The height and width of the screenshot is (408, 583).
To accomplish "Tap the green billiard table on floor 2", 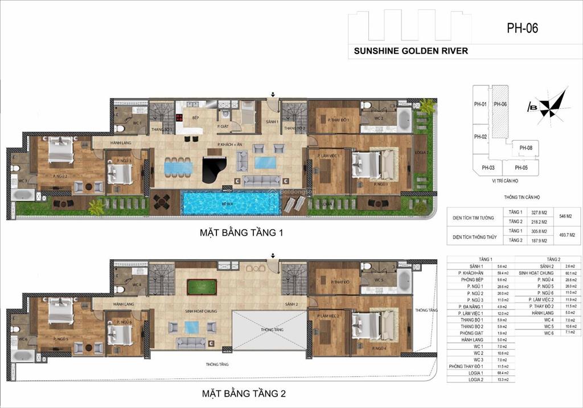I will [x=202, y=286].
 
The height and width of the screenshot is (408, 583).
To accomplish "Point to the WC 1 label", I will [x=137, y=123].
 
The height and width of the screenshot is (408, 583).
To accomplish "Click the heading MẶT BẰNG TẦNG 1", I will [x=233, y=232].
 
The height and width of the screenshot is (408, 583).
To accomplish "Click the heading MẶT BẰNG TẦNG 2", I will [x=233, y=393].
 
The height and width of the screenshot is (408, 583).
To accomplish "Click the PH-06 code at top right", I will [x=522, y=27].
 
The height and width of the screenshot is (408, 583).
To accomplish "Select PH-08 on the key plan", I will [x=525, y=148].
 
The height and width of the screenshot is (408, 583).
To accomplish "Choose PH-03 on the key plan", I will [x=488, y=168].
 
